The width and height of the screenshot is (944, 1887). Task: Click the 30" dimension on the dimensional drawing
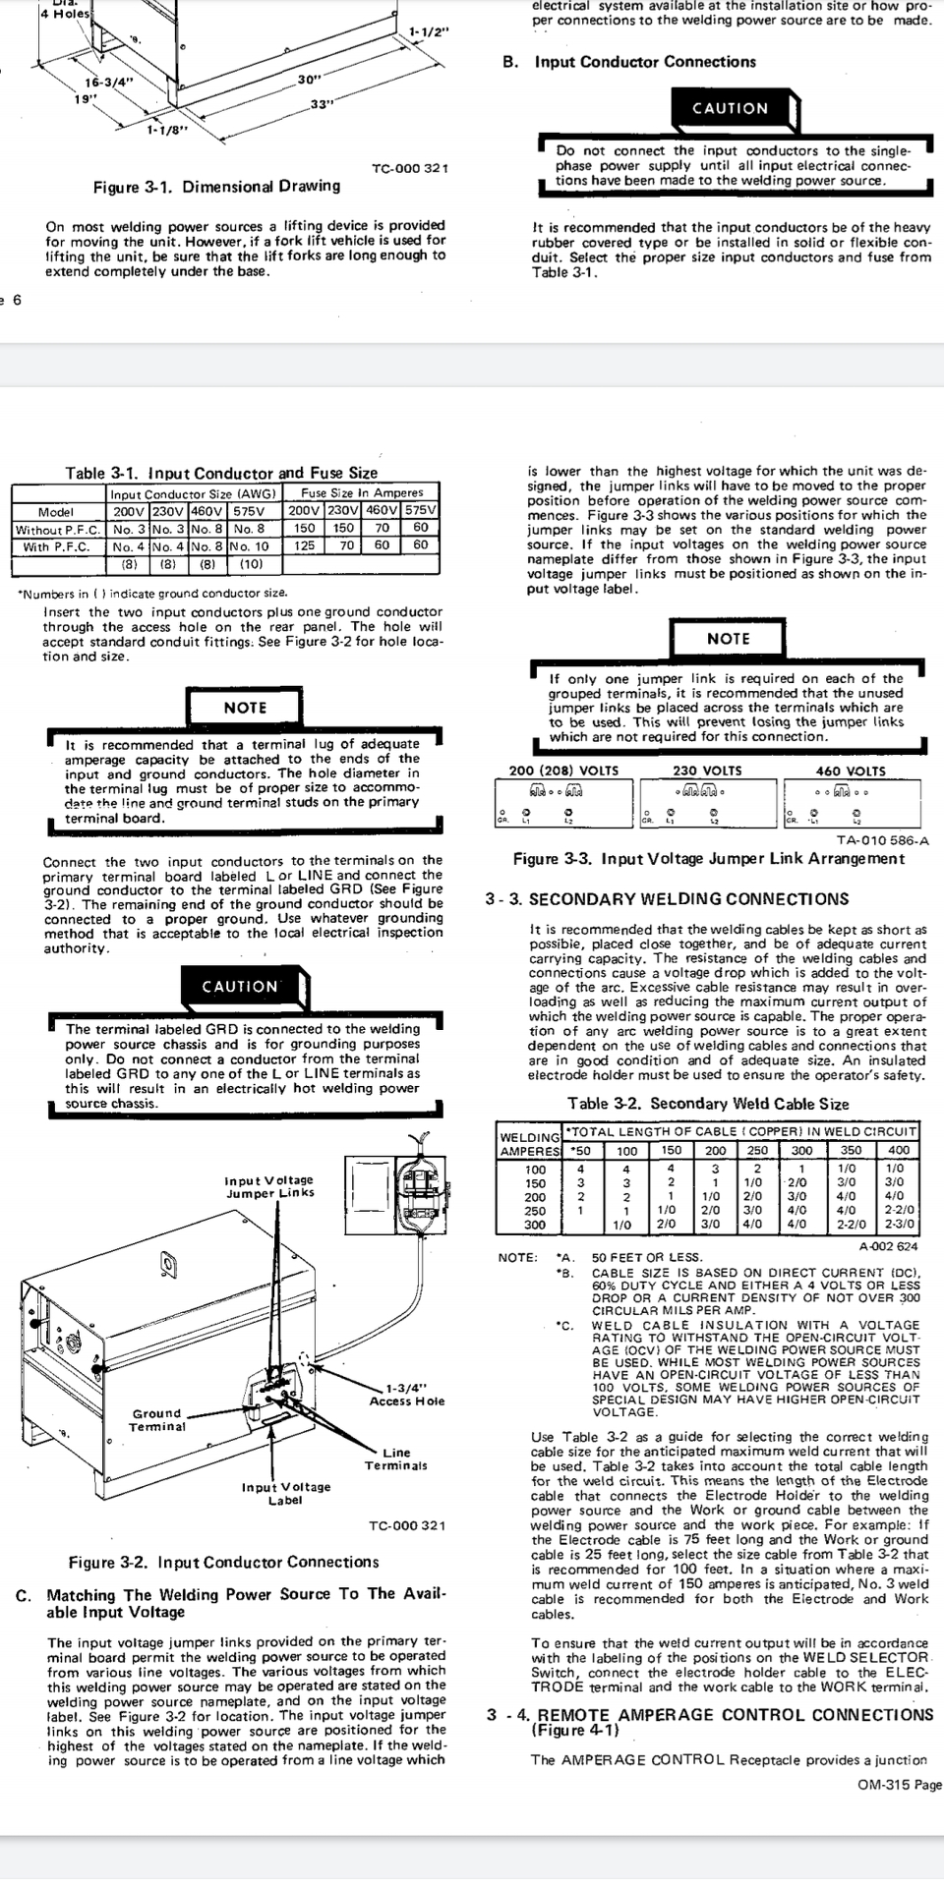pyautogui.click(x=310, y=79)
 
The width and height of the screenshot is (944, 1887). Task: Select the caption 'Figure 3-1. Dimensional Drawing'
pyautogui.click(x=216, y=187)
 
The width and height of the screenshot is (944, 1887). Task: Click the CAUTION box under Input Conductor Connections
pyautogui.click(x=730, y=108)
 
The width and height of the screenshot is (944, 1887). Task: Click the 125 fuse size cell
pyautogui.click(x=305, y=545)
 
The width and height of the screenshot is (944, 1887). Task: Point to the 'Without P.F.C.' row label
pyautogui.click(x=58, y=529)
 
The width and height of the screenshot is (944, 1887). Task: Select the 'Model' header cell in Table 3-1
pyautogui.click(x=56, y=511)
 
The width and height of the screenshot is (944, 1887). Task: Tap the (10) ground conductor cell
pyautogui.click(x=251, y=564)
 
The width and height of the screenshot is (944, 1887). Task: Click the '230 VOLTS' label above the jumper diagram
pyautogui.click(x=707, y=771)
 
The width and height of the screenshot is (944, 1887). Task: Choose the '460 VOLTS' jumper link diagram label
pyautogui.click(x=851, y=771)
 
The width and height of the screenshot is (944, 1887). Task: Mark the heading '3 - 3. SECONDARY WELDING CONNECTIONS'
pyautogui.click(x=667, y=899)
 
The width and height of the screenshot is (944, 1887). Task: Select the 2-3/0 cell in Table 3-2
pyautogui.click(x=899, y=1225)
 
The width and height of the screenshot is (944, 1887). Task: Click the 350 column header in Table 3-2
pyautogui.click(x=852, y=1150)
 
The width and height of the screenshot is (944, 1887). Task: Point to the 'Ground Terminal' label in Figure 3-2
pyautogui.click(x=157, y=1419)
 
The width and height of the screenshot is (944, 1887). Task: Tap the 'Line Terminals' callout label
pyautogui.click(x=396, y=1458)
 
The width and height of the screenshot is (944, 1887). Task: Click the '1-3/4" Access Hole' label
pyautogui.click(x=407, y=1394)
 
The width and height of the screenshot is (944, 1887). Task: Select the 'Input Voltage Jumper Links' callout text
pyautogui.click(x=269, y=1186)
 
